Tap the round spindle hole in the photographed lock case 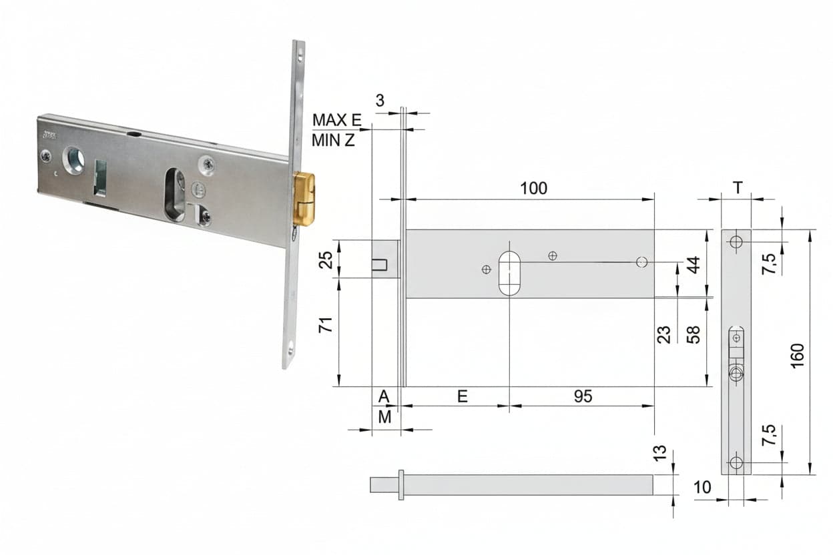click(73, 160)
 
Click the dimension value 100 click(534, 189)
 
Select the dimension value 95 click(583, 397)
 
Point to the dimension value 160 click(798, 356)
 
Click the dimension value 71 click(326, 325)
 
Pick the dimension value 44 click(693, 265)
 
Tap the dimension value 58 click(693, 335)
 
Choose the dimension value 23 click(663, 335)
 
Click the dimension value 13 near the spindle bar click(660, 453)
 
